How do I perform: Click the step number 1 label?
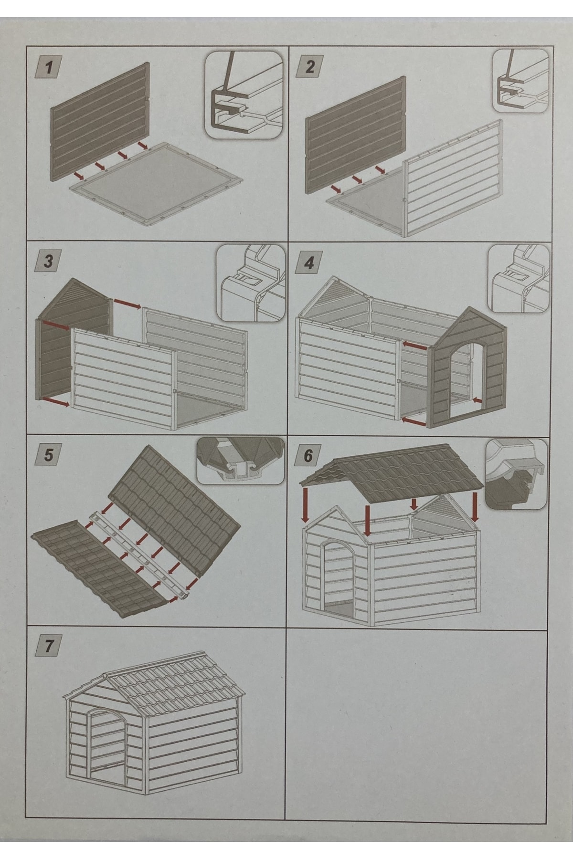[x=49, y=67]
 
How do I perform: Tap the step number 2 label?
[x=309, y=66]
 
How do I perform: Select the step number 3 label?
[x=49, y=262]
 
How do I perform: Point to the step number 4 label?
[x=309, y=262]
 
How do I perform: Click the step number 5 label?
[x=49, y=455]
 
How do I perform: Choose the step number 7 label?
[x=49, y=647]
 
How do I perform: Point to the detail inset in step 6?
[x=516, y=472]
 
